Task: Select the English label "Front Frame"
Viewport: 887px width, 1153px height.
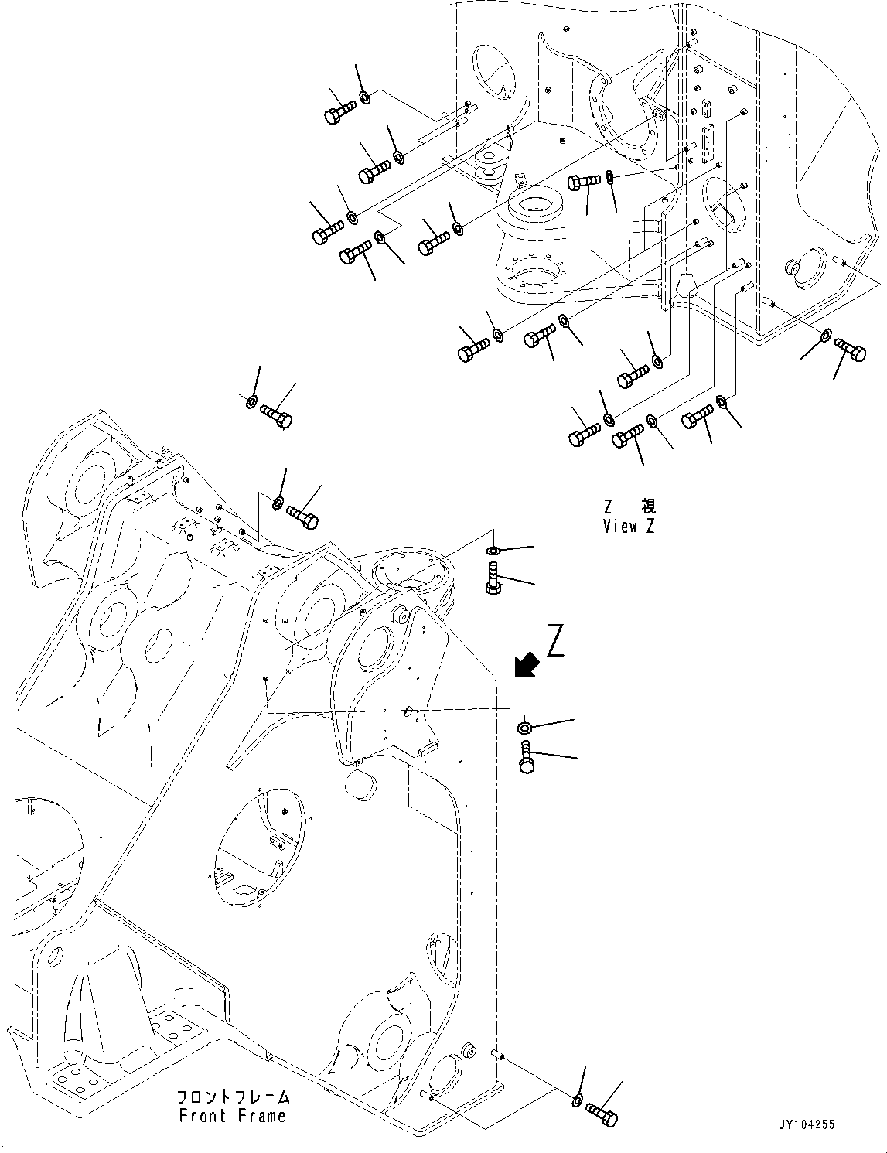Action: click(x=232, y=1116)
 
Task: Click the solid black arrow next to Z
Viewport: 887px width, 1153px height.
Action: click(x=528, y=663)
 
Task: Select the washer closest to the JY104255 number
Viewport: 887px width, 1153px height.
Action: click(x=578, y=1100)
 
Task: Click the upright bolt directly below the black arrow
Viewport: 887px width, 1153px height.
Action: click(x=527, y=756)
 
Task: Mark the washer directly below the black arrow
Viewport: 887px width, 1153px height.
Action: click(x=524, y=727)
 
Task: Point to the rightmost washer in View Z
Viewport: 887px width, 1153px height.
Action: click(x=825, y=336)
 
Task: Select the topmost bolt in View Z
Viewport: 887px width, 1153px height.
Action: click(x=339, y=111)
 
